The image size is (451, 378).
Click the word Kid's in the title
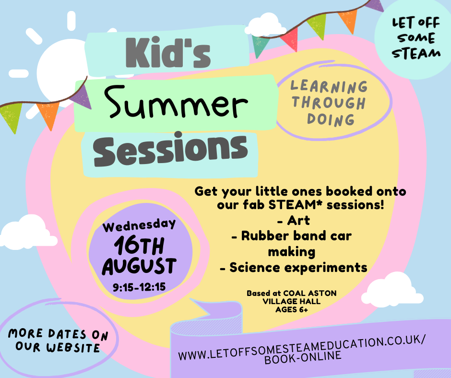pos(168,53)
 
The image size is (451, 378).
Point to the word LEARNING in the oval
pos(329,87)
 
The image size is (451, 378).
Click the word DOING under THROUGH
pos(331,119)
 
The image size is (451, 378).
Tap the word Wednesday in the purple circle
pos(139,225)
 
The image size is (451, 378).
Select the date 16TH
pos(139,246)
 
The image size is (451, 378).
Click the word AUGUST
pos(139,266)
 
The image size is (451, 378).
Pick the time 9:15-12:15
pos(139,287)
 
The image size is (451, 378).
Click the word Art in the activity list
pos(298,220)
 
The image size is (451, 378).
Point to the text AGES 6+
pos(292,309)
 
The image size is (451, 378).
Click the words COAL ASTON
pos(310,293)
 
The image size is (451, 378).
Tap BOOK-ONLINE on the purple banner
pos(303,357)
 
